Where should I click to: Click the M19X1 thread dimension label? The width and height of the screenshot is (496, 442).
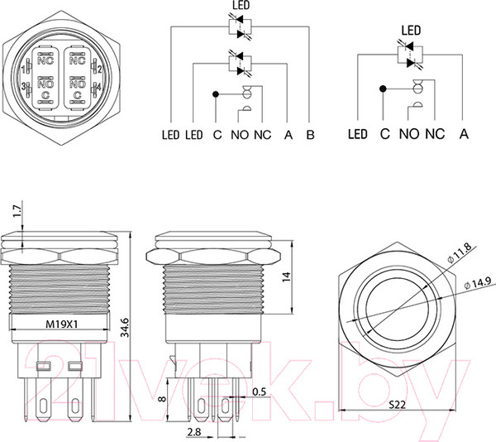pyautogui.click(x=62, y=324)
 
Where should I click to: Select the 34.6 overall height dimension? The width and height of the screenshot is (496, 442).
pyautogui.click(x=126, y=328)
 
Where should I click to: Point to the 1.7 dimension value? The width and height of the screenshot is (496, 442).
pyautogui.click(x=17, y=211)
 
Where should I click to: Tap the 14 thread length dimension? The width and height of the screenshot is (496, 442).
pyautogui.click(x=286, y=276)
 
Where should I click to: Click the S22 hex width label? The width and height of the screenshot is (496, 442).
pyautogui.click(x=397, y=404)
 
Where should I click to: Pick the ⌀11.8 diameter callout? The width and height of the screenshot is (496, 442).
pyautogui.click(x=460, y=253)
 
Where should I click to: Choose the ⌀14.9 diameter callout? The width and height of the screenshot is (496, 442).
pyautogui.click(x=478, y=282)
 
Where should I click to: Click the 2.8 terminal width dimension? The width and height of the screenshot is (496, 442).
pyautogui.click(x=194, y=432)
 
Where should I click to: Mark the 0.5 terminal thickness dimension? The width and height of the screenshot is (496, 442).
pyautogui.click(x=259, y=392)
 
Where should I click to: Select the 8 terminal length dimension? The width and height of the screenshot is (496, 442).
pyautogui.click(x=162, y=398)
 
